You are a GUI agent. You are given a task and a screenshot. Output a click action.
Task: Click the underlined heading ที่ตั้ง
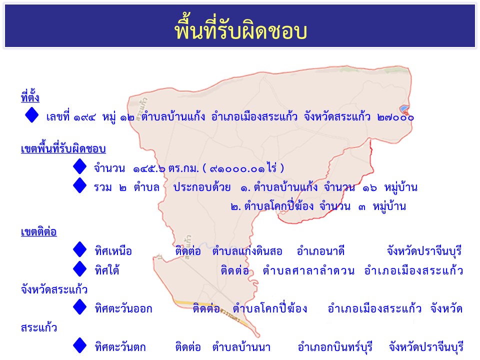click(x=30, y=96)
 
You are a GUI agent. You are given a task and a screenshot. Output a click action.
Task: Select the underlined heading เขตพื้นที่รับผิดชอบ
click(x=63, y=149)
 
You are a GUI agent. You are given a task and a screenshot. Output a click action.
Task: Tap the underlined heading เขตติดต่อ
click(x=39, y=231)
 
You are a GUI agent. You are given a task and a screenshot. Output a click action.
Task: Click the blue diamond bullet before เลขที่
click(x=32, y=115)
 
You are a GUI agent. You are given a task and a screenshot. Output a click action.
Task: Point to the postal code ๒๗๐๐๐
click(x=395, y=117)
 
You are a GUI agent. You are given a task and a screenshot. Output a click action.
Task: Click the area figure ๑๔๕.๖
click(x=149, y=168)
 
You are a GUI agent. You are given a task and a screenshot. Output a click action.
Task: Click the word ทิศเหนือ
click(x=113, y=251)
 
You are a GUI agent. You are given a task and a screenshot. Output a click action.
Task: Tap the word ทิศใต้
click(x=107, y=270)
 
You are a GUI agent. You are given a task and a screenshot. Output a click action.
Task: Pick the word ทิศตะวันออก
click(x=123, y=308)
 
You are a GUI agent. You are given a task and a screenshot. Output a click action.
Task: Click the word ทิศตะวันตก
click(x=120, y=347)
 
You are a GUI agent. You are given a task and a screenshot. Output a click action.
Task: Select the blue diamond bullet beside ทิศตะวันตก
click(x=80, y=345)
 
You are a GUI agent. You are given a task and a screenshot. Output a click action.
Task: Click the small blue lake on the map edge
click(x=404, y=108)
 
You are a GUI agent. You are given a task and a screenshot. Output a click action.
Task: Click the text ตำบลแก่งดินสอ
click(x=247, y=251)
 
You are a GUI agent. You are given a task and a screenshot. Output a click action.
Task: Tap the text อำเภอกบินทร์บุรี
click(x=335, y=347)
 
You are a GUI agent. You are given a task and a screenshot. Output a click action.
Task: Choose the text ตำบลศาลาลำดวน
click(x=308, y=270)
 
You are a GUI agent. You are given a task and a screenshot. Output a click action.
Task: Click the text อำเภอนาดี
click(x=320, y=251)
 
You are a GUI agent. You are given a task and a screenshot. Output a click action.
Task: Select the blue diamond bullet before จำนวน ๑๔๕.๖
click(x=80, y=166)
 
